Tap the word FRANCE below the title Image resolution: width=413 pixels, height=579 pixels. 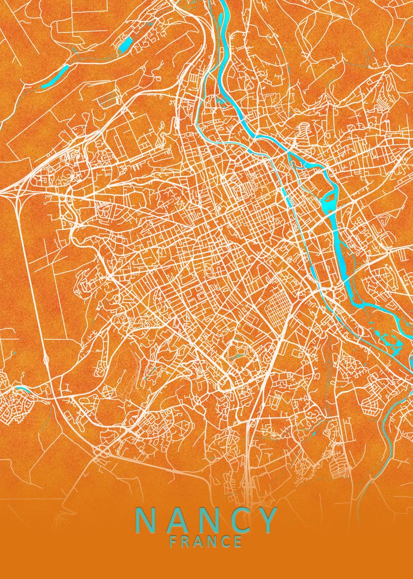206,542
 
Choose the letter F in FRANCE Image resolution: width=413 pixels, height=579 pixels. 173,542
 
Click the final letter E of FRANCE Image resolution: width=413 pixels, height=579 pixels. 238,542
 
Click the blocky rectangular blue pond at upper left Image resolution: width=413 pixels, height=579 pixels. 124,45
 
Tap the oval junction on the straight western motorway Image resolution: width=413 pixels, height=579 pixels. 46,359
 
